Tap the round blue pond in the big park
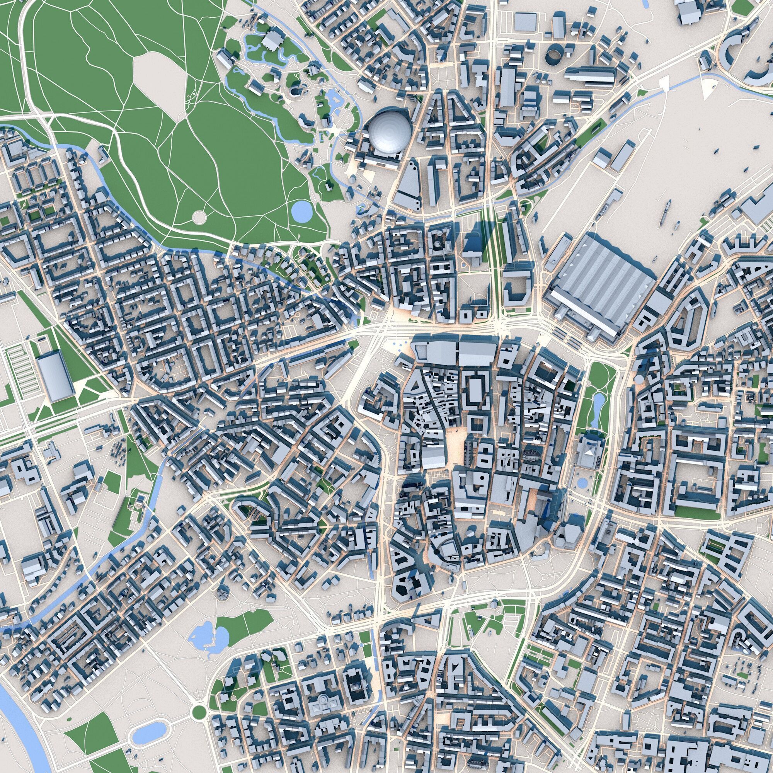[302, 211]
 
